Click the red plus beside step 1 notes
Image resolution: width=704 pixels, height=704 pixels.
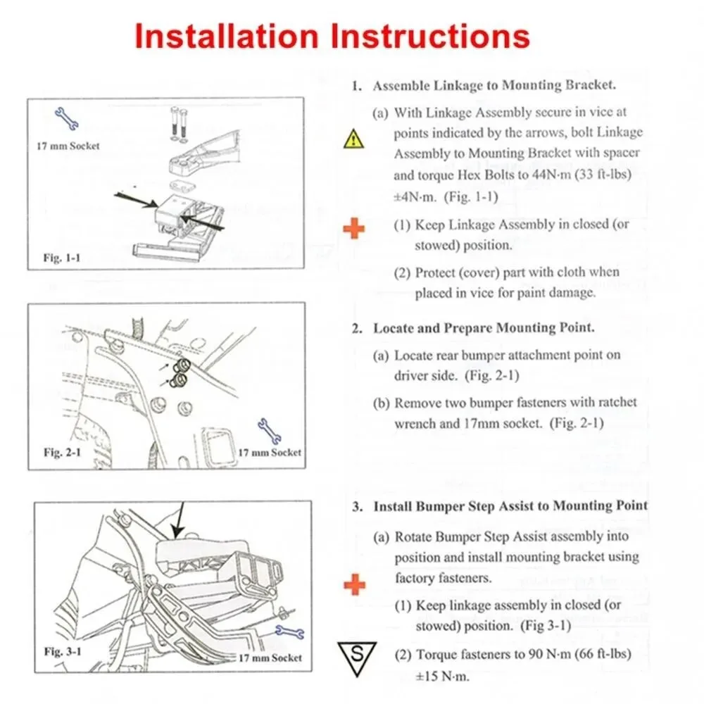353,228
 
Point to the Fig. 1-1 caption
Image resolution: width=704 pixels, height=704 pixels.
61,258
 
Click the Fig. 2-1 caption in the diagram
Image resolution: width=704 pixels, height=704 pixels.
62,451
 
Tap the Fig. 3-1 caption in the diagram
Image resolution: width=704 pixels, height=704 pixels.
63,651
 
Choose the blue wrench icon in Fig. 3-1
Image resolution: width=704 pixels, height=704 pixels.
289,631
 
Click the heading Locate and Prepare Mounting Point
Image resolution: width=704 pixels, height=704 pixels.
484,328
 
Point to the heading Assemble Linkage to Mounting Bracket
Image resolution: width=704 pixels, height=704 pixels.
494,86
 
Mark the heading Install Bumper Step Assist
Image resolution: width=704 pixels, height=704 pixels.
510,506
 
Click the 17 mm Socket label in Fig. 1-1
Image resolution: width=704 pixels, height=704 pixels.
68,146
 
